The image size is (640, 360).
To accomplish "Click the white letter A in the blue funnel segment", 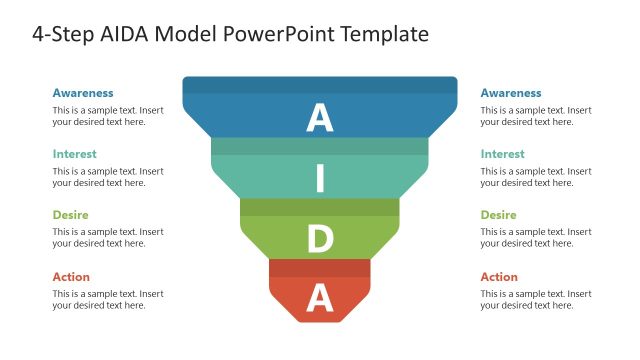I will [319, 118].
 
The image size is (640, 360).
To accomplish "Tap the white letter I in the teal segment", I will [320, 178].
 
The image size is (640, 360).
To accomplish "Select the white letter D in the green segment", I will [319, 239].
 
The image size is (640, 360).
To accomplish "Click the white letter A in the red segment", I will [319, 297].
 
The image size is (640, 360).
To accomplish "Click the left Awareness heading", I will [83, 93].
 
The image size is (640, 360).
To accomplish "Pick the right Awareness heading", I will [511, 93].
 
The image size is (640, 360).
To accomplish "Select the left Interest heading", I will [74, 154].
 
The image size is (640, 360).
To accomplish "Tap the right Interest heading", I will [502, 154].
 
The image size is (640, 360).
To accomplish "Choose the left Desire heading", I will [70, 215].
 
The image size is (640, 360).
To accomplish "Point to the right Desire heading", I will [498, 215].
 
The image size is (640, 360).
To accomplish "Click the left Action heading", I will [71, 276].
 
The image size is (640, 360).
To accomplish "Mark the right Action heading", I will [499, 276].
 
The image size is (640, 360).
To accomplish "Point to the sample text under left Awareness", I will [108, 116].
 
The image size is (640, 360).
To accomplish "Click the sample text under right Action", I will [536, 299].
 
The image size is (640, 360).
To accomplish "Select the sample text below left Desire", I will [108, 238].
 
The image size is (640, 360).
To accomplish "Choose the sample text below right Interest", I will [536, 177].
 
